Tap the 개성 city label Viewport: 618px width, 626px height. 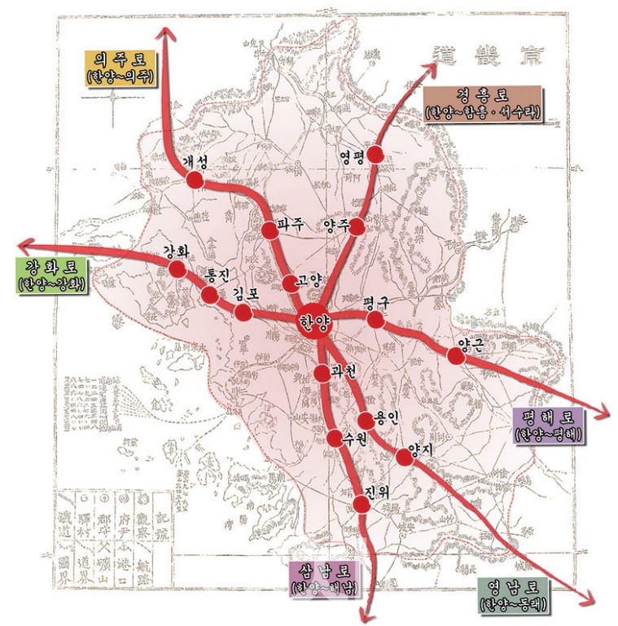click(x=197, y=163)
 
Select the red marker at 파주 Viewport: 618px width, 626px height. click(x=270, y=230)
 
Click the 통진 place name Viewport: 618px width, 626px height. click(x=220, y=275)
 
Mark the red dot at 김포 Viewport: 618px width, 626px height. click(x=243, y=312)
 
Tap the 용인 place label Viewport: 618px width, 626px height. click(x=386, y=418)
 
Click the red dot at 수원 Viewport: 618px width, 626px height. click(x=334, y=439)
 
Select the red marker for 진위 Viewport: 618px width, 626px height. click(x=364, y=504)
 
